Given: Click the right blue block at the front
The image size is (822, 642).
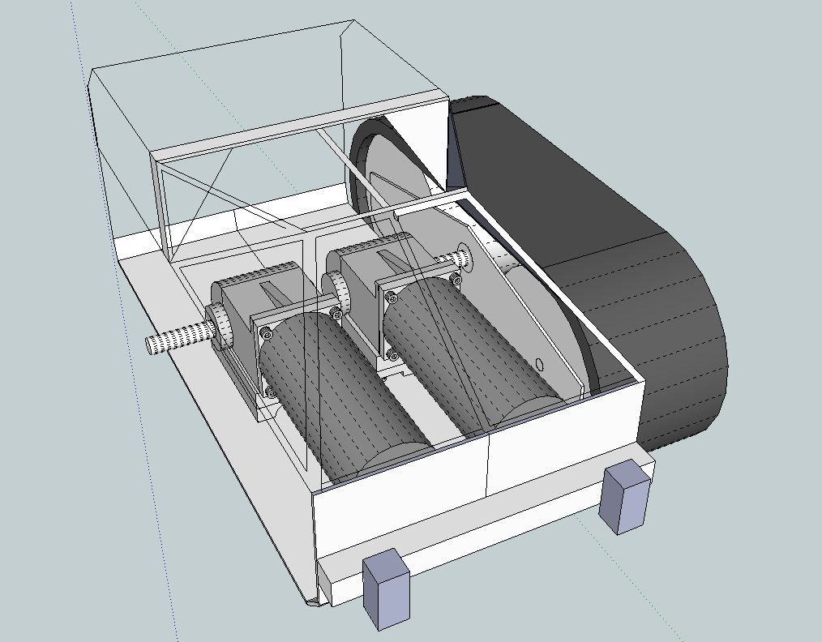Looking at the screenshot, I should (626, 496).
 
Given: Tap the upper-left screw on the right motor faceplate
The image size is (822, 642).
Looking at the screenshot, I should (395, 299).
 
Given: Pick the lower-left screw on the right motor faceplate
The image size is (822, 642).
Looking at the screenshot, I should (392, 355).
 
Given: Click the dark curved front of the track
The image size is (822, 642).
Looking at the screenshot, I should (689, 357).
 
